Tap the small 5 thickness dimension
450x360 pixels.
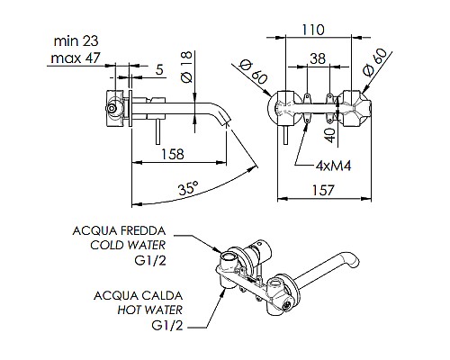point(159,67)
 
